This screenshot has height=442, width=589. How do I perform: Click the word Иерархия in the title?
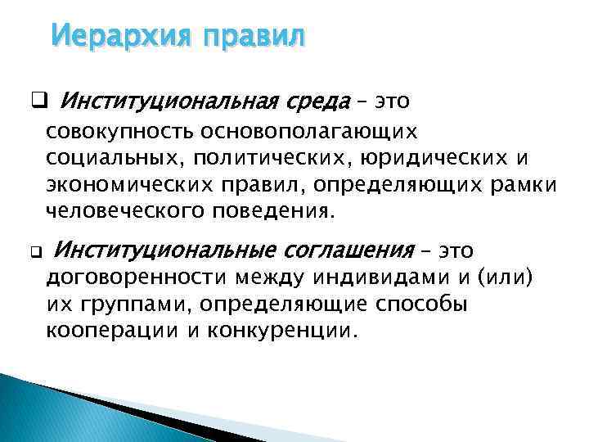[x=110, y=37]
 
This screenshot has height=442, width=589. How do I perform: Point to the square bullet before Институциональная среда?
[x=38, y=102]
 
